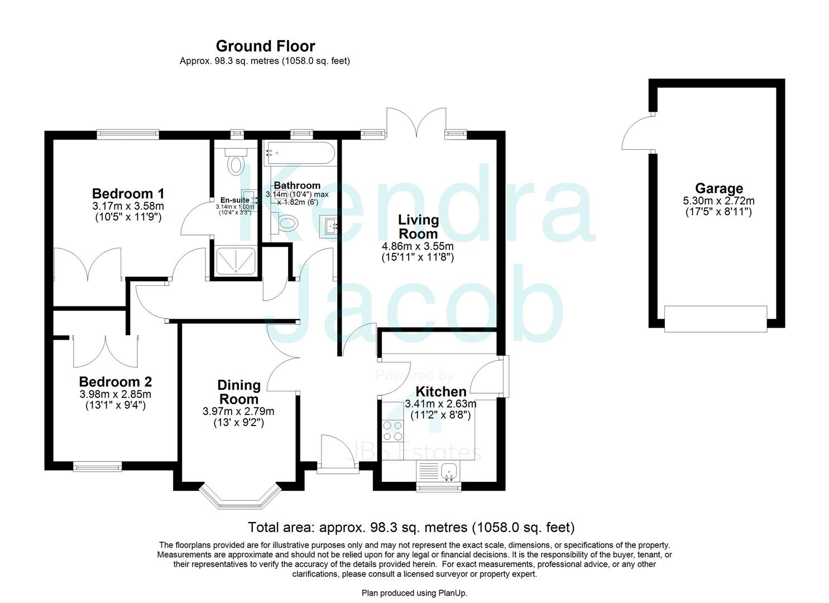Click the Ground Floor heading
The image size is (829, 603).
click(265, 46)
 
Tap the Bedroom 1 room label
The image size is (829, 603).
click(128, 194)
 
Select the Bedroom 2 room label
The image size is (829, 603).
click(115, 382)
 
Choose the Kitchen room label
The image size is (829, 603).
click(441, 391)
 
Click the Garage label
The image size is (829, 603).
click(718, 189)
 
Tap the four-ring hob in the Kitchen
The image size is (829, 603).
click(392, 430)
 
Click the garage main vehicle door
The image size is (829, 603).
click(716, 319)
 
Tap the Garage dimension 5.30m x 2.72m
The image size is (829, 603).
click(718, 201)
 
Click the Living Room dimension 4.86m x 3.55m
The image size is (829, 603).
click(418, 246)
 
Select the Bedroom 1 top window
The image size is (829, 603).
click(128, 133)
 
